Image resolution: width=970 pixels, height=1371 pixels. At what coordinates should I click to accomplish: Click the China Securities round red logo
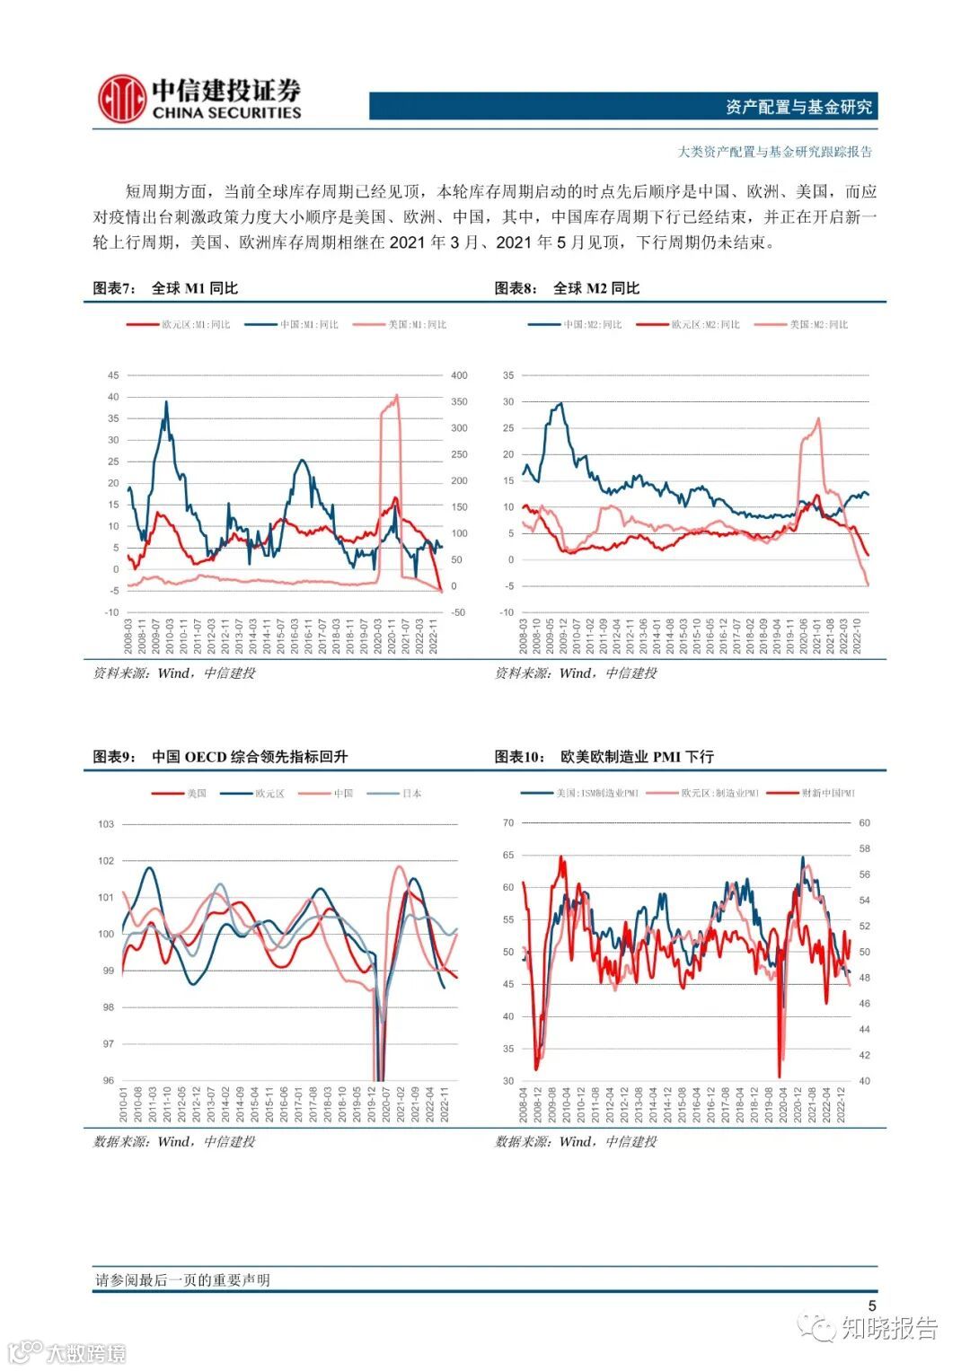(123, 98)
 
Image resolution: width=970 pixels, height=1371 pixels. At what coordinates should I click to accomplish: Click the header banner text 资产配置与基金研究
(798, 107)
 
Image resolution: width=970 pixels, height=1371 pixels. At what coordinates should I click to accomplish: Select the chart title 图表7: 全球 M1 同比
(166, 288)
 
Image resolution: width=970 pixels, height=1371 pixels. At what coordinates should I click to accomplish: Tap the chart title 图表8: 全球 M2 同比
(567, 288)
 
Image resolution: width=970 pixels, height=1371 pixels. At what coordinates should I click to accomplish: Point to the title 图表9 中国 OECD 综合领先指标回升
(221, 757)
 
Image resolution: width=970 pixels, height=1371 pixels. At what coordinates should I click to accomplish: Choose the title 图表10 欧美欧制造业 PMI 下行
(604, 757)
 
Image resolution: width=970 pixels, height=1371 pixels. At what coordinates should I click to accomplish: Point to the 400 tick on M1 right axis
(459, 375)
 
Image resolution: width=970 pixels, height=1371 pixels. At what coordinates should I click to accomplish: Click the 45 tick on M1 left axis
(113, 375)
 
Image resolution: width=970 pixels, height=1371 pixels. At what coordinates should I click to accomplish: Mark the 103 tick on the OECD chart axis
(106, 824)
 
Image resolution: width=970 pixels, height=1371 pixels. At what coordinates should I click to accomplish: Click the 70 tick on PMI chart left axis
(508, 823)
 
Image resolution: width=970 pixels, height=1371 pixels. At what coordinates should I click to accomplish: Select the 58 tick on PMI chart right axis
(865, 848)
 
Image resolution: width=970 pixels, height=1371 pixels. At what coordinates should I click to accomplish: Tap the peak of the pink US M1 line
(397, 395)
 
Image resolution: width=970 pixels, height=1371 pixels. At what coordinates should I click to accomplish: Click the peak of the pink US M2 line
(818, 418)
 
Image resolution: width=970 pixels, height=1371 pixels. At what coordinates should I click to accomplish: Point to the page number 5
(871, 1306)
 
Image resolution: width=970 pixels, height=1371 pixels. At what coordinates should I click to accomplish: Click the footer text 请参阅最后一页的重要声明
(182, 1280)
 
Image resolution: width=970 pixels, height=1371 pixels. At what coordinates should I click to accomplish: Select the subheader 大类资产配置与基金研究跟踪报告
(774, 152)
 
